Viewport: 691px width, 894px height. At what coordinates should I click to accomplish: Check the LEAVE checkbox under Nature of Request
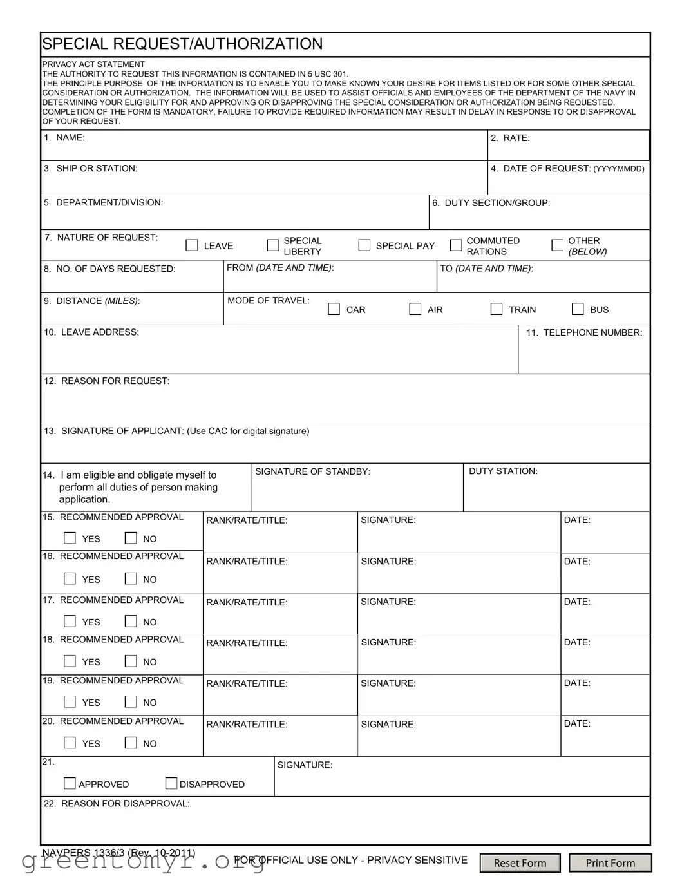pyautogui.click(x=192, y=245)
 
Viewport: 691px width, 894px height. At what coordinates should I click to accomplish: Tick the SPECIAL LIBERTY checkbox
pyautogui.click(x=273, y=245)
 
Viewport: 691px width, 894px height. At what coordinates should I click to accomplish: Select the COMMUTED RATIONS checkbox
pyautogui.click(x=456, y=245)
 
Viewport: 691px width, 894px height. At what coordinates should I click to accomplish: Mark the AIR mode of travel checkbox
pyautogui.click(x=415, y=309)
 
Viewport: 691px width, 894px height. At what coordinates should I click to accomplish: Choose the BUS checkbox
pyautogui.click(x=578, y=309)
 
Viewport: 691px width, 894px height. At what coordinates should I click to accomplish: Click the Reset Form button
pyautogui.click(x=520, y=863)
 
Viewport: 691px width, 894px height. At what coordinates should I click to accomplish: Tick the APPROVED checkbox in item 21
pyautogui.click(x=70, y=783)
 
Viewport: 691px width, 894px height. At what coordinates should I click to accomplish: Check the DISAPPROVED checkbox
pyautogui.click(x=171, y=783)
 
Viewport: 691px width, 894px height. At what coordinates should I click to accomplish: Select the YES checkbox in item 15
pyautogui.click(x=70, y=538)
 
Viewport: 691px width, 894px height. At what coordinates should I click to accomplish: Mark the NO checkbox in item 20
pyautogui.click(x=131, y=743)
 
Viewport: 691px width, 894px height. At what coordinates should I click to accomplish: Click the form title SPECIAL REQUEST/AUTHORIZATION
pyautogui.click(x=182, y=44)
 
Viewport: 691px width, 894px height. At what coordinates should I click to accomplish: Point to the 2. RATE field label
pyautogui.click(x=510, y=138)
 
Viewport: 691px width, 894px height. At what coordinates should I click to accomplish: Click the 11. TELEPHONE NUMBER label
pyautogui.click(x=584, y=332)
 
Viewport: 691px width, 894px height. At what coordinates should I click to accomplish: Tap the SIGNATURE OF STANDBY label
pyautogui.click(x=312, y=471)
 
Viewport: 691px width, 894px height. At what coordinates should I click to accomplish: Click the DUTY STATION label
pyautogui.click(x=503, y=471)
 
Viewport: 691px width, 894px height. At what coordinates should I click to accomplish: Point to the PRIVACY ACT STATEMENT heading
pyautogui.click(x=93, y=64)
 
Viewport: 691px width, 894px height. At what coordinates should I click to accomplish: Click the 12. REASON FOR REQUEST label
pyautogui.click(x=107, y=381)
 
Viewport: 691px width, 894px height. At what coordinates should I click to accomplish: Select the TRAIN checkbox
pyautogui.click(x=497, y=309)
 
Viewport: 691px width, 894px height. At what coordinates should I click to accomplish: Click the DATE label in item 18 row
pyautogui.click(x=577, y=642)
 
